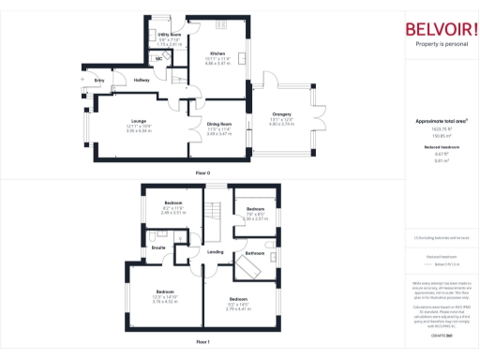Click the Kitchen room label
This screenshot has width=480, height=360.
coord(217,53)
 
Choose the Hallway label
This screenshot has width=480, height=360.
coord(142,81)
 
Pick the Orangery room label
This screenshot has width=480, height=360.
coord(282,115)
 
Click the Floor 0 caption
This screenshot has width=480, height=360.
coord(202,174)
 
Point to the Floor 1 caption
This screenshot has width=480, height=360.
coord(202,342)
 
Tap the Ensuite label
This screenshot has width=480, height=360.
coord(159,247)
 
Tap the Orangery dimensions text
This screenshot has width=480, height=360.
coord(282,123)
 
